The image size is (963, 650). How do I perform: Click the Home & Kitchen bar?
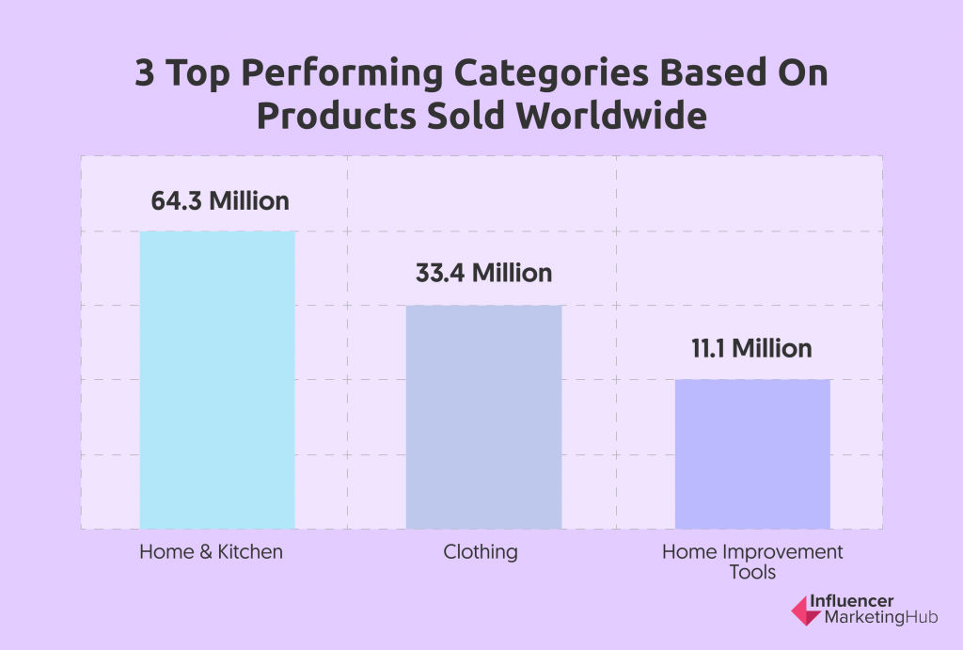(x=217, y=380)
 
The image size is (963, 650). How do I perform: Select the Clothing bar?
(x=484, y=417)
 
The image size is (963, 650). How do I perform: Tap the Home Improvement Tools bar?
(x=752, y=454)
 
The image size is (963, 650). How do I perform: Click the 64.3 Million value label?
(x=220, y=201)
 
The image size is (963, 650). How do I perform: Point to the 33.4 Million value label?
(x=484, y=273)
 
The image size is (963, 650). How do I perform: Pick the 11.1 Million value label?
(x=751, y=348)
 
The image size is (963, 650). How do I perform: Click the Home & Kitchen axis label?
(x=212, y=552)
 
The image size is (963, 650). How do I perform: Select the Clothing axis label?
(x=481, y=552)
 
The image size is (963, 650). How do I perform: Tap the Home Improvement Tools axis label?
(x=752, y=562)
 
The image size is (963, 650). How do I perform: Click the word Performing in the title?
(x=342, y=73)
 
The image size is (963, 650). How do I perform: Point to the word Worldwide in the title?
(x=611, y=115)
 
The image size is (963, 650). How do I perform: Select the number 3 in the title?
(x=144, y=72)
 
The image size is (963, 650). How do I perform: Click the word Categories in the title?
(x=551, y=73)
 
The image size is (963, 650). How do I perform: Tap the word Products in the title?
(x=336, y=115)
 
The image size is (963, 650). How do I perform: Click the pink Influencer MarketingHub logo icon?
(x=806, y=610)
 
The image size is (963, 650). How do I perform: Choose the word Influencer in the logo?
(x=851, y=601)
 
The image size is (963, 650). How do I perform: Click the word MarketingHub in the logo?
(x=880, y=617)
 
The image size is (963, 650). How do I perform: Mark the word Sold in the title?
(x=466, y=115)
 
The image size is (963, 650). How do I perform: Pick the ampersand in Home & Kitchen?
(x=206, y=552)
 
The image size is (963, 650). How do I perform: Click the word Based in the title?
(x=713, y=72)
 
